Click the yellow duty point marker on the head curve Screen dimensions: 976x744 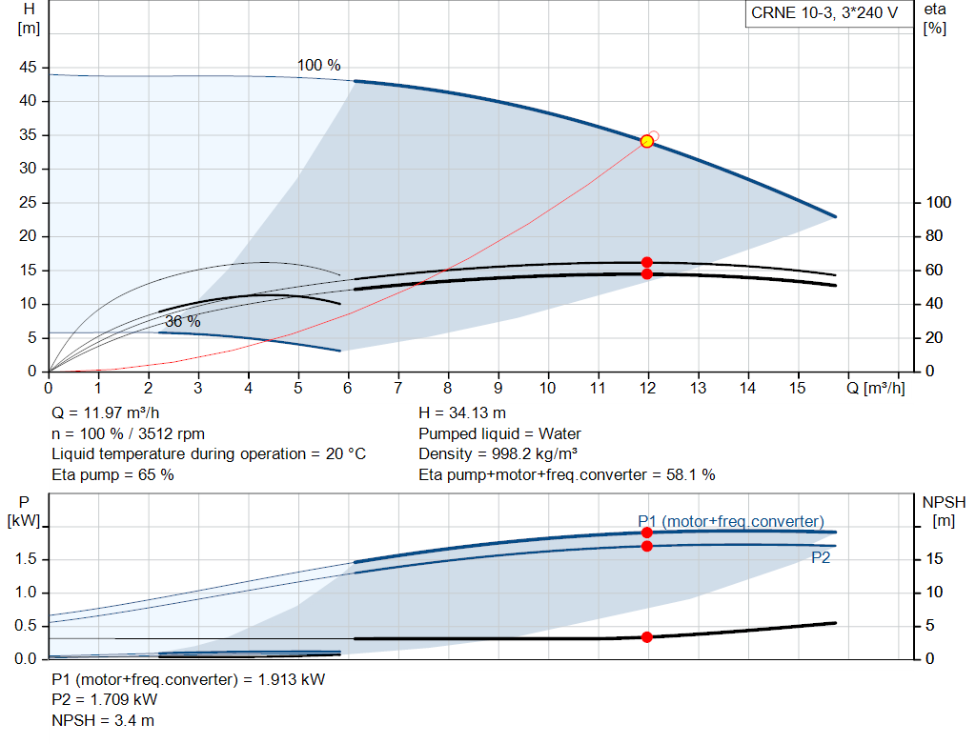pos(647,141)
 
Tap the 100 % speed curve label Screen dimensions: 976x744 pos(318,66)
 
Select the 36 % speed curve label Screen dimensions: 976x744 pos(182,322)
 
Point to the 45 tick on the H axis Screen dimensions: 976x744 pos(28,68)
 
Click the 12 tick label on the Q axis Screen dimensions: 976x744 pos(647,388)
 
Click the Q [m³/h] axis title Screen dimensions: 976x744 pos(876,388)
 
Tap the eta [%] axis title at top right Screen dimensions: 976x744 pos(935,19)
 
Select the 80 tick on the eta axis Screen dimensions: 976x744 pos(934,236)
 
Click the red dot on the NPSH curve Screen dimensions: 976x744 pos(647,637)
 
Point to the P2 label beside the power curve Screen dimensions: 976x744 pos(821,558)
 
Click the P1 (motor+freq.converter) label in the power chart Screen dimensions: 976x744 pos(731,521)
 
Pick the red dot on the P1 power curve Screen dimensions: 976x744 pos(647,533)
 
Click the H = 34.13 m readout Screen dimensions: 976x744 pos(462,413)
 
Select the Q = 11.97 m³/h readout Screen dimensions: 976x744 pos(106,413)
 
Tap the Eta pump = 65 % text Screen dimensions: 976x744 pos(112,475)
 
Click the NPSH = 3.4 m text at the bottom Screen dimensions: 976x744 pos(103,720)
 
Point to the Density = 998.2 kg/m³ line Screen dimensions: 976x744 pos(498,454)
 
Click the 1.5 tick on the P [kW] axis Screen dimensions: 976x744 pos(26,559)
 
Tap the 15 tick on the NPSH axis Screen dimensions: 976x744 pos(934,559)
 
